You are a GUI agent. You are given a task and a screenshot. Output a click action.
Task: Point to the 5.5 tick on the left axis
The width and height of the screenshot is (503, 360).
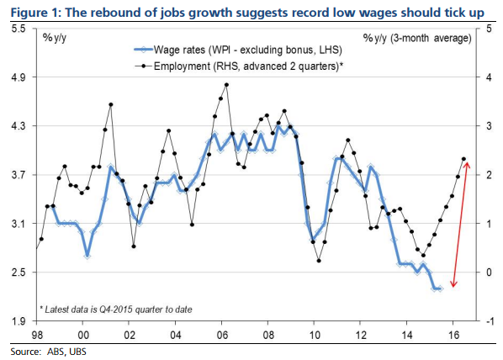pyautogui.click(x=18, y=29)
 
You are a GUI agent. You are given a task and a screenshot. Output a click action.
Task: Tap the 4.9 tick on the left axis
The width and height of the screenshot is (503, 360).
pyautogui.click(x=18, y=77)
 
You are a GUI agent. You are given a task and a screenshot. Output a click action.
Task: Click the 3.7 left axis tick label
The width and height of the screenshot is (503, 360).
pyautogui.click(x=18, y=175)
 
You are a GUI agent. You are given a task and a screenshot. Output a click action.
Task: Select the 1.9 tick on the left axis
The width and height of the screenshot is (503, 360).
pyautogui.click(x=18, y=321)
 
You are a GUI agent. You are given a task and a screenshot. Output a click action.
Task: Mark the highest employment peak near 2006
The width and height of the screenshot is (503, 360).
pyautogui.click(x=226, y=84)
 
